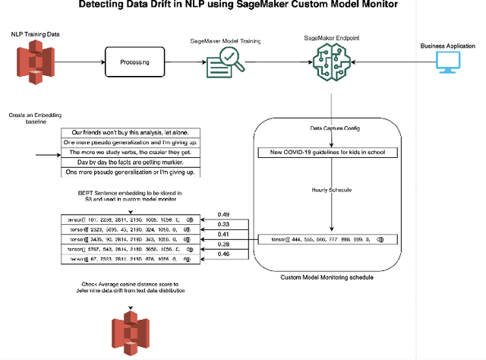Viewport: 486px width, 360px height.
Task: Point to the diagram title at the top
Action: [242, 6]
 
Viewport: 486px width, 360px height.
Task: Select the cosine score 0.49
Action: [225, 214]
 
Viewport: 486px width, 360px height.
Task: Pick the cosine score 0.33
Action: [225, 225]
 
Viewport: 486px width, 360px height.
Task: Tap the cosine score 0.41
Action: [225, 235]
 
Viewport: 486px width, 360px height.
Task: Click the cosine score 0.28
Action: [225, 245]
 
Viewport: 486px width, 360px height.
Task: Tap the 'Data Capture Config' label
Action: [329, 128]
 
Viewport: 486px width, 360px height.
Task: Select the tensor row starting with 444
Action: [329, 239]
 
